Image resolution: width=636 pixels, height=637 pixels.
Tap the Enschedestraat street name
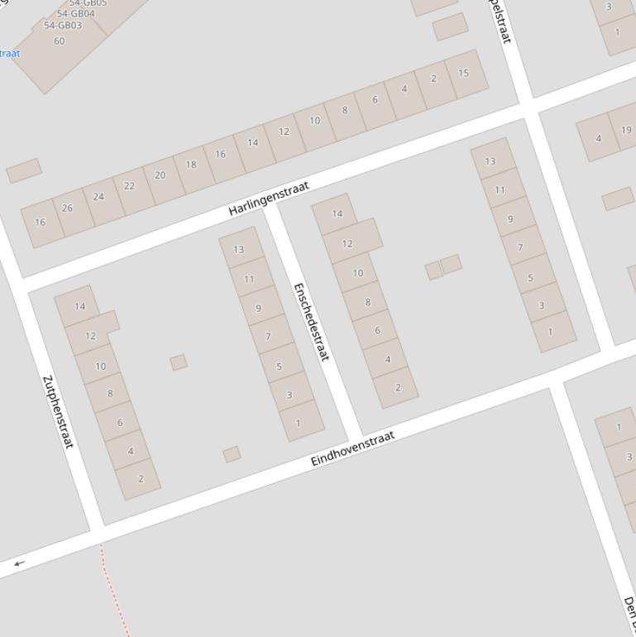coord(311,321)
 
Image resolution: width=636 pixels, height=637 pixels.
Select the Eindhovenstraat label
coord(353,448)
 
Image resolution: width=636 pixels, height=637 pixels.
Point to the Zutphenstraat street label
coord(58,412)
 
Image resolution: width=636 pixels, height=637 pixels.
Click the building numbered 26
coord(67,208)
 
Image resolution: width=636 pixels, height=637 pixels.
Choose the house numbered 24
coord(98,197)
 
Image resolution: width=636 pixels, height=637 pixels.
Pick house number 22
coord(129,186)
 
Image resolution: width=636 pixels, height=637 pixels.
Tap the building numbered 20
coord(160,175)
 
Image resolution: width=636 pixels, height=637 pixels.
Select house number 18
coord(191,165)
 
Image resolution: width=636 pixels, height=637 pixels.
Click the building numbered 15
coord(463,73)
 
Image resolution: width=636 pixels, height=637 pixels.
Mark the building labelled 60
coord(59,41)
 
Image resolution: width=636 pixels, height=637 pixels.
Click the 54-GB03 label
coord(63,26)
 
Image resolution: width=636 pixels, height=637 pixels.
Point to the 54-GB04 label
coord(75,14)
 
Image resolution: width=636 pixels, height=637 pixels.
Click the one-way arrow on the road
coord(19,563)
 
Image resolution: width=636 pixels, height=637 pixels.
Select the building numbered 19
coord(626,130)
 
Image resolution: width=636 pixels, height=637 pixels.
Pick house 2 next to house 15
coord(433,79)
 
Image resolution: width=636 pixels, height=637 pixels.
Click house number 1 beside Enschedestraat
coord(299,423)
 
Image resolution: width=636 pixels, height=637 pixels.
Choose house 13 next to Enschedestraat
coord(239,249)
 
